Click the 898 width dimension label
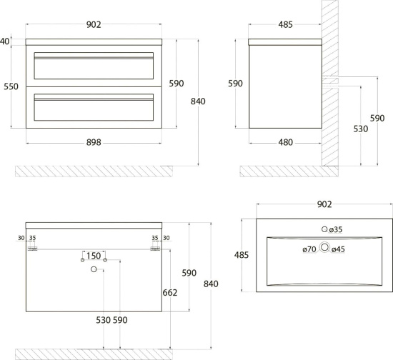click(x=94, y=142)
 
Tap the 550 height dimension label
click(x=11, y=86)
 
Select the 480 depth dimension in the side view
click(x=286, y=142)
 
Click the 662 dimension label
click(x=170, y=292)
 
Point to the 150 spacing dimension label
click(x=94, y=256)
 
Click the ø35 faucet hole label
click(x=336, y=229)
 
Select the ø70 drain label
click(x=309, y=249)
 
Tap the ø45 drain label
click(x=339, y=249)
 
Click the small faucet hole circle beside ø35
click(x=324, y=229)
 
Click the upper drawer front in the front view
click(x=94, y=66)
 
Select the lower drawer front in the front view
click(x=94, y=107)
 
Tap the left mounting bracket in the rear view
click(x=32, y=249)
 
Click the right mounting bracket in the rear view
click(x=155, y=249)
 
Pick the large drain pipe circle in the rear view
click(x=94, y=269)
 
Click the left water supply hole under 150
click(x=82, y=260)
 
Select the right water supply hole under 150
click(x=105, y=260)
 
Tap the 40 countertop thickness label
click(x=5, y=41)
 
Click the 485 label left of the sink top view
click(x=242, y=255)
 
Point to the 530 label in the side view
click(x=361, y=129)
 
